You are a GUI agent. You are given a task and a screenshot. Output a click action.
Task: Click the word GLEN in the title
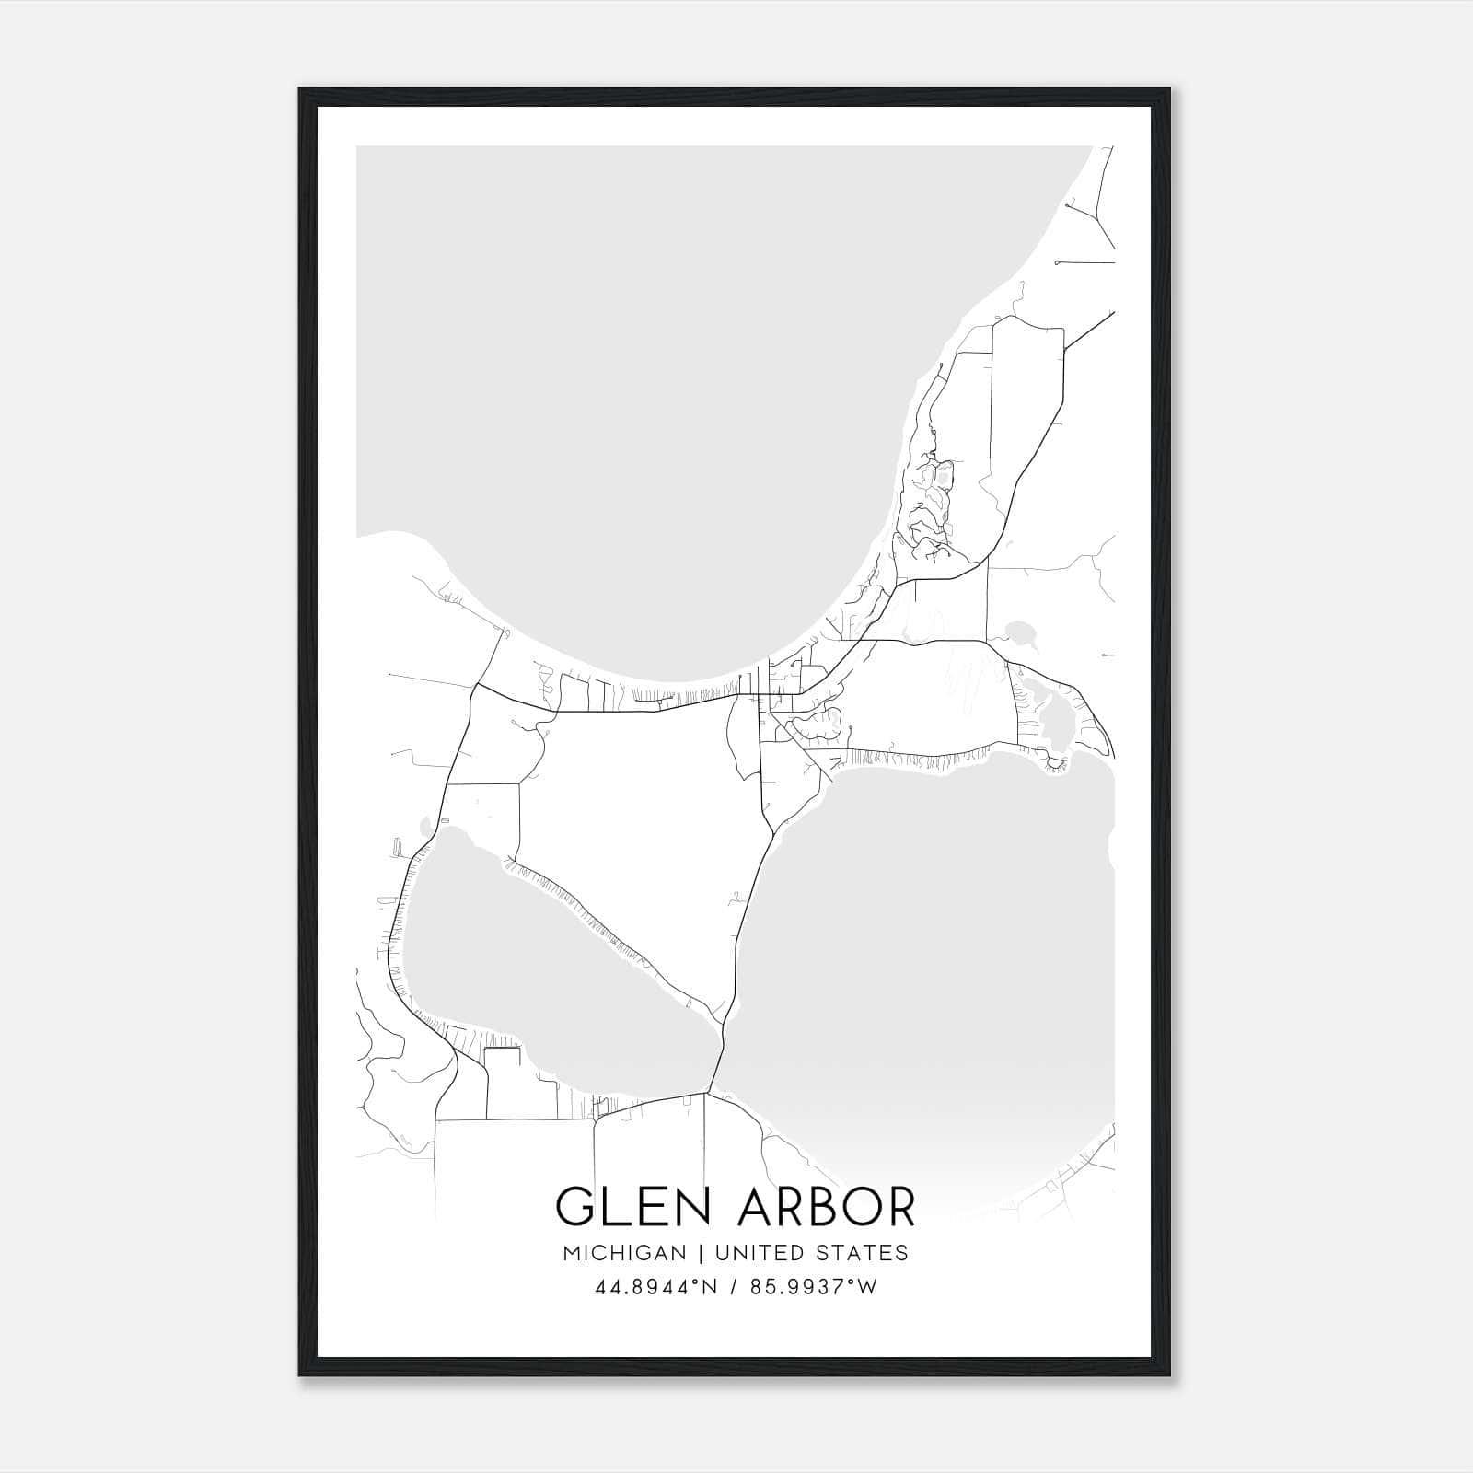[626, 1207]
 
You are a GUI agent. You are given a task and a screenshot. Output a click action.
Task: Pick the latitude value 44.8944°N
[655, 1287]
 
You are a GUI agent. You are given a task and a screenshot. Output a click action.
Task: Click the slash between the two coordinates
[733, 1287]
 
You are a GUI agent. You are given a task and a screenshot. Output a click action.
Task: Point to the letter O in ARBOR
[856, 1207]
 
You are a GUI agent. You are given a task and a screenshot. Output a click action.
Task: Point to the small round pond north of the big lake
[1021, 632]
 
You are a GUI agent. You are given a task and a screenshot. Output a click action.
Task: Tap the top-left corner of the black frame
[301, 90]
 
